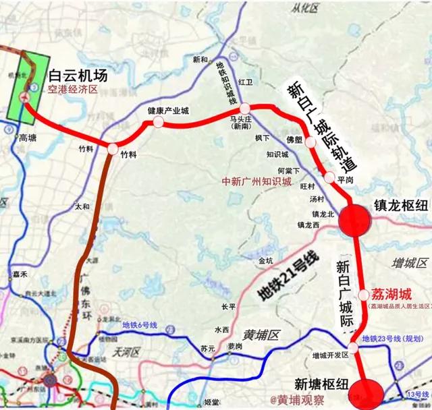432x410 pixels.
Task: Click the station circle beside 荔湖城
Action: click(x=364, y=295)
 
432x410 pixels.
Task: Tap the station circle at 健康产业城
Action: click(x=158, y=122)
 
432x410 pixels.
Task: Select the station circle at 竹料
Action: click(x=112, y=149)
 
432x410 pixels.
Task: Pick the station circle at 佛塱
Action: click(x=310, y=142)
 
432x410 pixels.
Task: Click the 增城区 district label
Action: click(x=408, y=260)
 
